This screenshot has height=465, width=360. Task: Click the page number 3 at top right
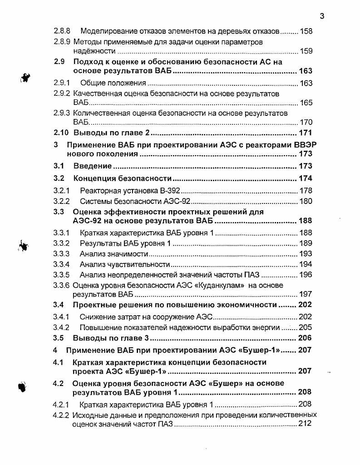coord(321,17)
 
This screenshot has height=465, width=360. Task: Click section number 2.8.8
coord(62,31)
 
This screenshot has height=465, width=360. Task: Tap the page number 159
coord(306,51)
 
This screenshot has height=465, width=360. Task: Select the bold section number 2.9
coord(60,62)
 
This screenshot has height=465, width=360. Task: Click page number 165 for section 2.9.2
coord(306,103)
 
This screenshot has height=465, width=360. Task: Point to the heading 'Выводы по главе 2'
coord(112,133)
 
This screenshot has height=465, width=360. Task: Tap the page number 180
coord(306,201)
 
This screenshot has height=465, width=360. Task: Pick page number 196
coord(306,275)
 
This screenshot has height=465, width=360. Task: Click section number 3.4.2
coord(61,327)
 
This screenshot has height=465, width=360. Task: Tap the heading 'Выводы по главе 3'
coord(111,338)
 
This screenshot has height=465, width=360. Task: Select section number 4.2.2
coord(61,415)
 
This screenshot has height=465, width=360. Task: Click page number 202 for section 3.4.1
coord(306,317)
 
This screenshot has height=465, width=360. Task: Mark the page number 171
coord(306,133)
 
